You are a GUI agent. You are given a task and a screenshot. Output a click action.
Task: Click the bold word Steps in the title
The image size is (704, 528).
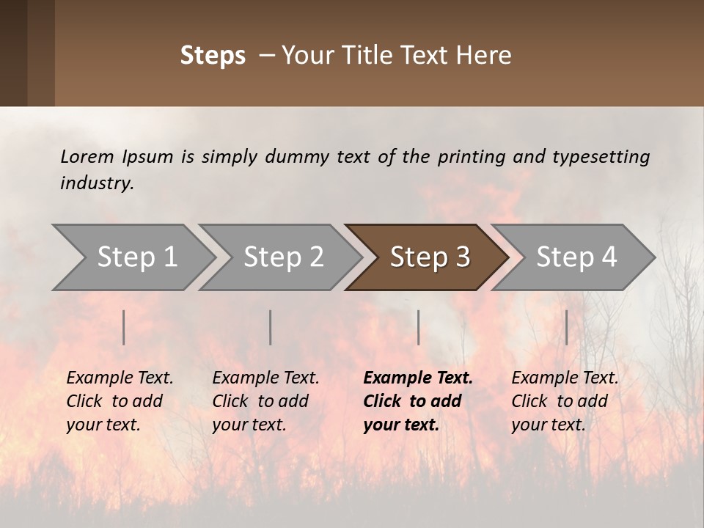213,56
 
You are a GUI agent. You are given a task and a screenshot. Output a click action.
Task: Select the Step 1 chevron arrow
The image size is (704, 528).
136,257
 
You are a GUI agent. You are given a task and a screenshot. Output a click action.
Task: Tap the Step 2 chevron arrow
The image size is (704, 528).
283,257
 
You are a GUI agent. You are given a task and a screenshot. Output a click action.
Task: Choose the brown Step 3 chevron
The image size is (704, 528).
430,257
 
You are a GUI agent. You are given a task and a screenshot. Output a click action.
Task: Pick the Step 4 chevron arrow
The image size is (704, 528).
576,257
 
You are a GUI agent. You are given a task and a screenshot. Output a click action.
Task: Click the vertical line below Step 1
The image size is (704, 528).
124,327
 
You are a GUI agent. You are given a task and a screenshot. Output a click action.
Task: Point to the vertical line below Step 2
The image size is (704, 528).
271,327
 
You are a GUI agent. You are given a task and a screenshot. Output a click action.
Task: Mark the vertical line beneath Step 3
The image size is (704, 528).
419,327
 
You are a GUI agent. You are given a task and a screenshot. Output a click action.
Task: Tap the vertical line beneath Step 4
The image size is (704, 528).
567,327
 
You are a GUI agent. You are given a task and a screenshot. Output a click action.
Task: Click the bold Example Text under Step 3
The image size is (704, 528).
418,378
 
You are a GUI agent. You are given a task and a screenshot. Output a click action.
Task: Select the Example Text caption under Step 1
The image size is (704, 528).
120,378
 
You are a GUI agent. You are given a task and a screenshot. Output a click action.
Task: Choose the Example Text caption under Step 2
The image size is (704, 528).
265,378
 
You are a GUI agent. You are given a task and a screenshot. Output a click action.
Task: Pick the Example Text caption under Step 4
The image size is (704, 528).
565,378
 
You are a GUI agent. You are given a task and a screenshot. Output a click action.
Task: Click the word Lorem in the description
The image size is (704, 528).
87,156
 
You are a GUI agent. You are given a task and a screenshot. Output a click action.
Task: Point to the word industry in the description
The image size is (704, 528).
97,183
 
